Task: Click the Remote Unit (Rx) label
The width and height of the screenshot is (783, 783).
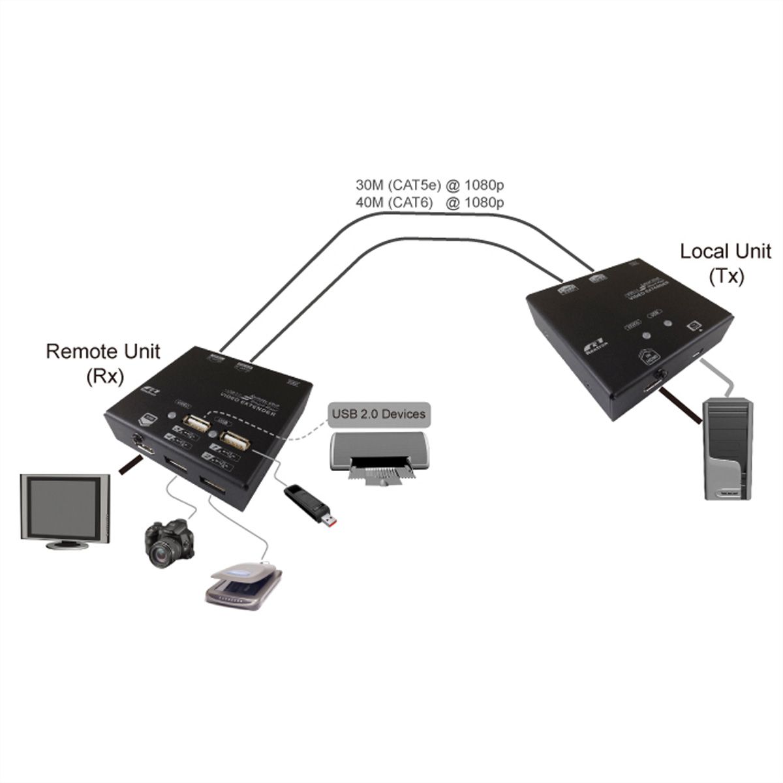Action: coord(102,363)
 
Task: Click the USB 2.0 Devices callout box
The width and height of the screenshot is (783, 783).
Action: coord(378,413)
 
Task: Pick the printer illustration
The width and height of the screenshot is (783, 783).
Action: coord(377,457)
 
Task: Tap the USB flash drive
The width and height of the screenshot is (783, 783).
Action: coord(311,504)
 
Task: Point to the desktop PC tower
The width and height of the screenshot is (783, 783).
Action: coord(728,450)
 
